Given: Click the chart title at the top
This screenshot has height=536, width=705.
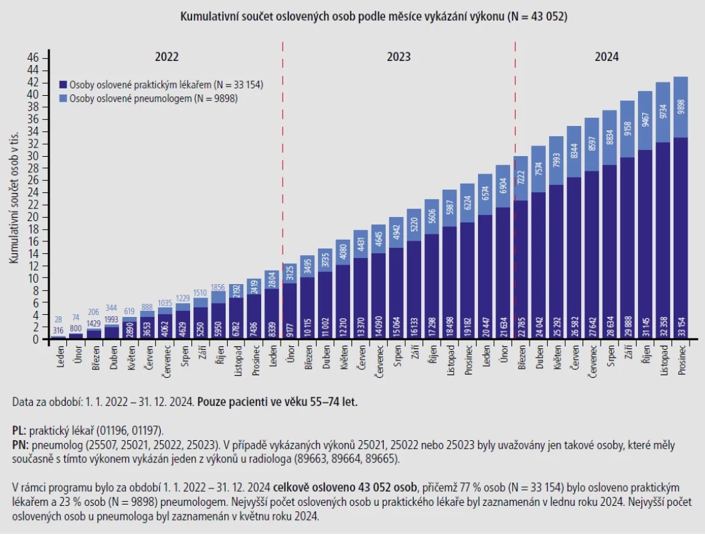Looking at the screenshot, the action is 374,17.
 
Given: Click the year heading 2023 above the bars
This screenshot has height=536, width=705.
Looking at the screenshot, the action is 398,57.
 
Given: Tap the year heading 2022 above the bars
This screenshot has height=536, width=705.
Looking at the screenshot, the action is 166,57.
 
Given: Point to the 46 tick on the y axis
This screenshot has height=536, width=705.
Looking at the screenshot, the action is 33,58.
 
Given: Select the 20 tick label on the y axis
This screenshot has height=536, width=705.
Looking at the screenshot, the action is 33,217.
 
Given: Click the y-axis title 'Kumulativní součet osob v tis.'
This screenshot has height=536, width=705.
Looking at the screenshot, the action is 14,198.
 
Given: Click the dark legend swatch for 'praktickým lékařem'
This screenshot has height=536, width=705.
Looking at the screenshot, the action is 63,84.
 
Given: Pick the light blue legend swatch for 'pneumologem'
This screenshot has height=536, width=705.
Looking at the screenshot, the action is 63,98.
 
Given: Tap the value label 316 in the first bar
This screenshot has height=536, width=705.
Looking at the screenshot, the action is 58,331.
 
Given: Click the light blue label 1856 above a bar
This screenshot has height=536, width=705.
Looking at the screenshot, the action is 218,288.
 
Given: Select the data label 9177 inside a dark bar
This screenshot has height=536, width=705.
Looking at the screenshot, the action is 290,328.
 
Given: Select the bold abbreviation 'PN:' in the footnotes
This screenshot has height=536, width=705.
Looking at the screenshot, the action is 20,446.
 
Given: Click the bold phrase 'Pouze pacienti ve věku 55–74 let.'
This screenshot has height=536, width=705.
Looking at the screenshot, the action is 277,402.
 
